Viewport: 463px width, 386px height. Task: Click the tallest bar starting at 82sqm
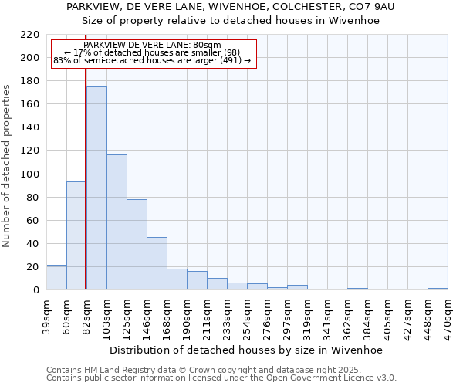click(96, 188)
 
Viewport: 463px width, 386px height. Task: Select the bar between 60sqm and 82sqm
click(76, 235)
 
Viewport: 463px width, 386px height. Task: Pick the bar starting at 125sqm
click(137, 245)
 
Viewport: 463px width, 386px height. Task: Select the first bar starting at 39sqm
click(56, 277)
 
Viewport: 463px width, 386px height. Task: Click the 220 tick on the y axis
click(30, 35)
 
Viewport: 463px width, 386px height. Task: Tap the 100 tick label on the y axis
click(30, 174)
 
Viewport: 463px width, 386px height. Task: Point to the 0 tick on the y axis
click(35, 290)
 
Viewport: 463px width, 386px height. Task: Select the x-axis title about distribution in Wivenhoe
click(246, 350)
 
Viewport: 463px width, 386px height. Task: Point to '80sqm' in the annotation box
click(206, 46)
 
